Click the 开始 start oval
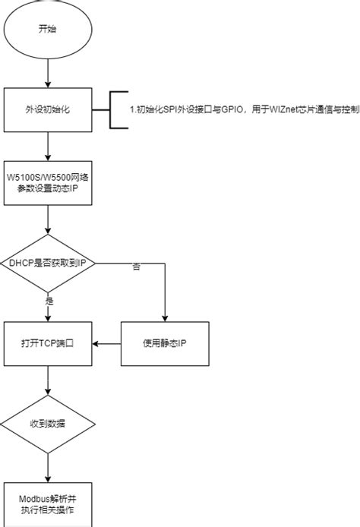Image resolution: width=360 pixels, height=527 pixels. tap(48, 30)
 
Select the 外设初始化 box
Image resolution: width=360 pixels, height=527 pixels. tap(48, 110)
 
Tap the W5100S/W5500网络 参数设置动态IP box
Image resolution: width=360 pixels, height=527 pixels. tap(48, 182)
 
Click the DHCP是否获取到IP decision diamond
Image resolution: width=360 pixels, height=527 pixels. tap(48, 263)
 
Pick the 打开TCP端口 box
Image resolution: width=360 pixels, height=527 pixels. tap(48, 343)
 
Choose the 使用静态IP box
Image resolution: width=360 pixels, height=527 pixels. tap(165, 343)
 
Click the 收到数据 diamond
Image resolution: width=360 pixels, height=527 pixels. tap(48, 424)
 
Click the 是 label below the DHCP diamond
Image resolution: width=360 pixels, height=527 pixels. tap(50, 301)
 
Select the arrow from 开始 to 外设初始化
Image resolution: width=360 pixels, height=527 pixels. tap(48, 73)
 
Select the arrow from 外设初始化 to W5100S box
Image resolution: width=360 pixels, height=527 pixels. tap(48, 146)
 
